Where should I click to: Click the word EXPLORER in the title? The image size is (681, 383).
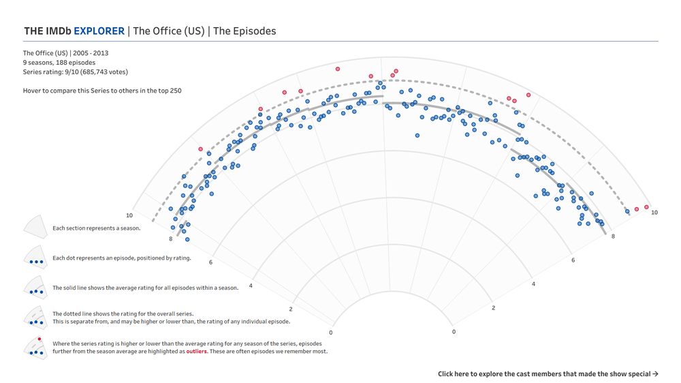coord(99,31)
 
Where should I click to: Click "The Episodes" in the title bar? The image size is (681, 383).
coord(244,31)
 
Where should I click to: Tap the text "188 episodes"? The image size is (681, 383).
coord(76,62)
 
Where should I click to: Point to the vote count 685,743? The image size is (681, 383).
coord(97,72)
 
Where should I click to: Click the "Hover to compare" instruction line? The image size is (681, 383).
coord(102,90)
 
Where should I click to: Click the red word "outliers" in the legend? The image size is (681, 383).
coord(197,352)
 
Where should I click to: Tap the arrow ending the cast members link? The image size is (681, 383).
coord(655,373)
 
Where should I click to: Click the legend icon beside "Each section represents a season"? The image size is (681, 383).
coord(35,228)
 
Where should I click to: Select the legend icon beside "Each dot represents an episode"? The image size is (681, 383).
coord(35,258)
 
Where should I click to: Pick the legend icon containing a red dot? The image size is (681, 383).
coord(35,348)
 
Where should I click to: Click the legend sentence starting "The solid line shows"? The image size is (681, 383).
coord(145,288)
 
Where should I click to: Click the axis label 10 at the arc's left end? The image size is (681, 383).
coord(129,215)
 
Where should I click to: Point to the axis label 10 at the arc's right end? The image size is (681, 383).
coord(654,213)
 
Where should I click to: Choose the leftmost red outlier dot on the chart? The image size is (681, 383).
coord(201,149)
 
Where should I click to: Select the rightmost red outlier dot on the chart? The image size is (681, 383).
coord(646,207)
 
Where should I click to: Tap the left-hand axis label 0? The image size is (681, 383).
coord(331,333)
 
